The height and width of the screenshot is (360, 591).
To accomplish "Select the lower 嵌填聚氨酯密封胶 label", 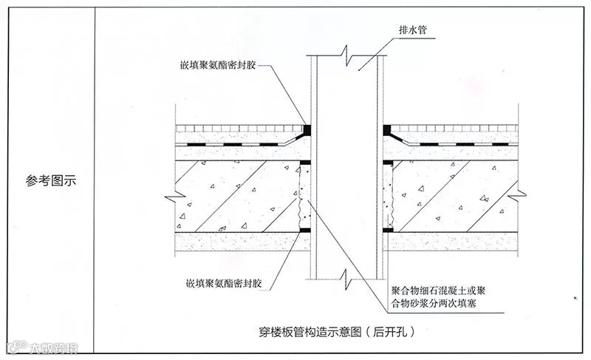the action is pos(220,282).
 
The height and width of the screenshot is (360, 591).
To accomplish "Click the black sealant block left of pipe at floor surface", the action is pos(306,129).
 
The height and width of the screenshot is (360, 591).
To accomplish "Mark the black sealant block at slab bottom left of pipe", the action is pos(305,231).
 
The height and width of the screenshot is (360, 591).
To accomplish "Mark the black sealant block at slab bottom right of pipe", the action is pos(387,231).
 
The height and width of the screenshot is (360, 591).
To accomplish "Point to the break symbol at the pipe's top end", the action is pos(346,54).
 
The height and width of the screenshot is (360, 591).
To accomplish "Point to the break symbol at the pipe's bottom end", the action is pos(346,276).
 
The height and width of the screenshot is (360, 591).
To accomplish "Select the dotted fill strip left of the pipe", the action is pos(301,196).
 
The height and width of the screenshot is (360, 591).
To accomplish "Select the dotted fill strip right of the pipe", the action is pos(386,196).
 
